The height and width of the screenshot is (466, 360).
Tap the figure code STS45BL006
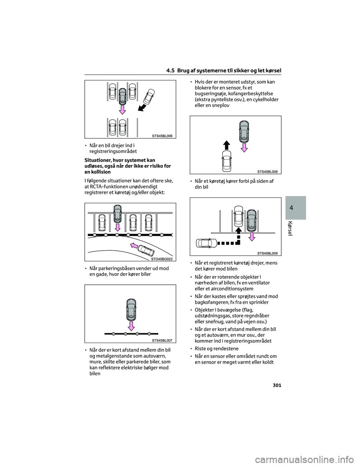[x=162, y=136]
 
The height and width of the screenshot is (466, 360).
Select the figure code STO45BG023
[x=162, y=259]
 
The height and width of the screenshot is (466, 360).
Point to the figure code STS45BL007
[x=162, y=340]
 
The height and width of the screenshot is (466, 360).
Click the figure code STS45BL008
[x=267, y=171]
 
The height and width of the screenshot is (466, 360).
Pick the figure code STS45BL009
[x=267, y=253]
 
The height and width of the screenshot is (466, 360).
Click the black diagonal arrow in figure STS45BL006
[x=142, y=108]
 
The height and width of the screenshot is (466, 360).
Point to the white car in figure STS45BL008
[x=226, y=161]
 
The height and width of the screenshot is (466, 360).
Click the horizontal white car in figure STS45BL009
[x=205, y=244]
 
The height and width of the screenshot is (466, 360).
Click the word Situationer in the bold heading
[x=100, y=160]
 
